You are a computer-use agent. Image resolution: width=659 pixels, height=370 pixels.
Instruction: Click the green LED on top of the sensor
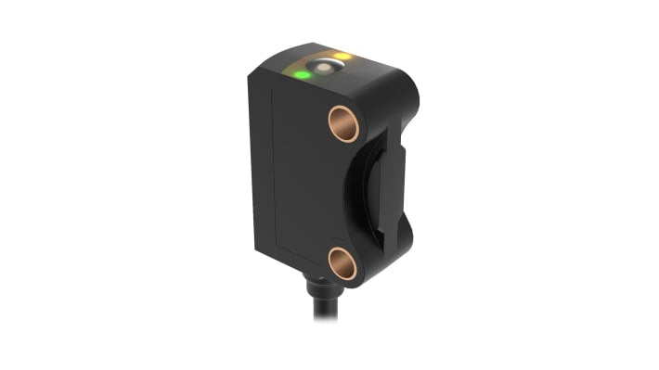pyautogui.click(x=303, y=74)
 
